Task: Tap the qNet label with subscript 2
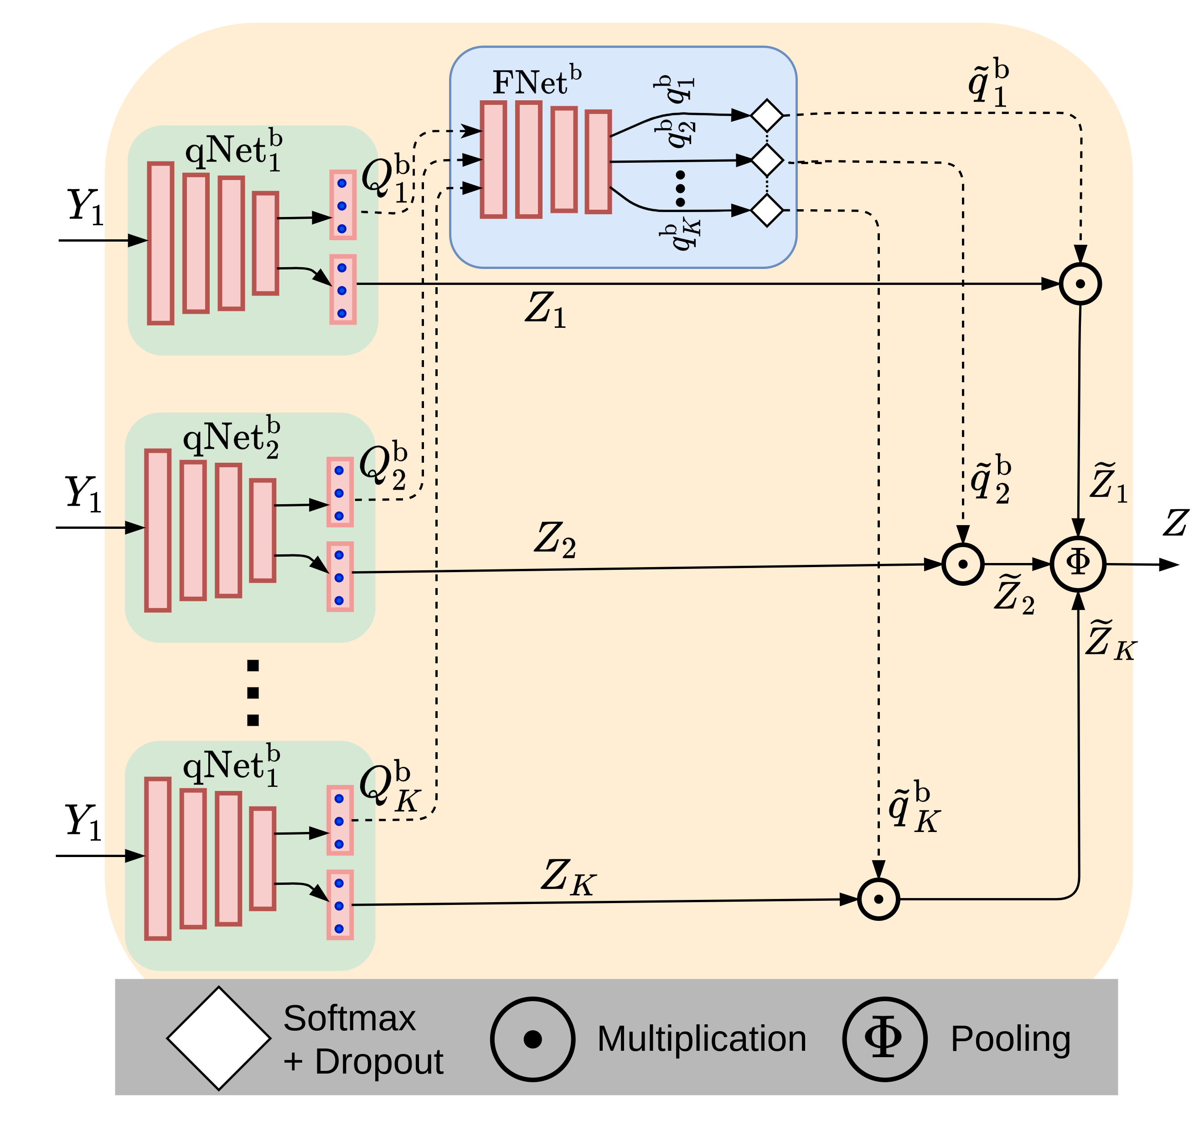(232, 437)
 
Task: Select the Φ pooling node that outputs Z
(1078, 563)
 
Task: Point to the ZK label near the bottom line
(568, 877)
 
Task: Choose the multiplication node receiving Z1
(1080, 284)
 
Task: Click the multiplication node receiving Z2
(963, 564)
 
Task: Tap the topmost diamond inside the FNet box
(766, 114)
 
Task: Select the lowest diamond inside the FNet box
(766, 211)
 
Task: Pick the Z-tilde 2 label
(1014, 594)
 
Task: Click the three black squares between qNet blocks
(253, 692)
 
